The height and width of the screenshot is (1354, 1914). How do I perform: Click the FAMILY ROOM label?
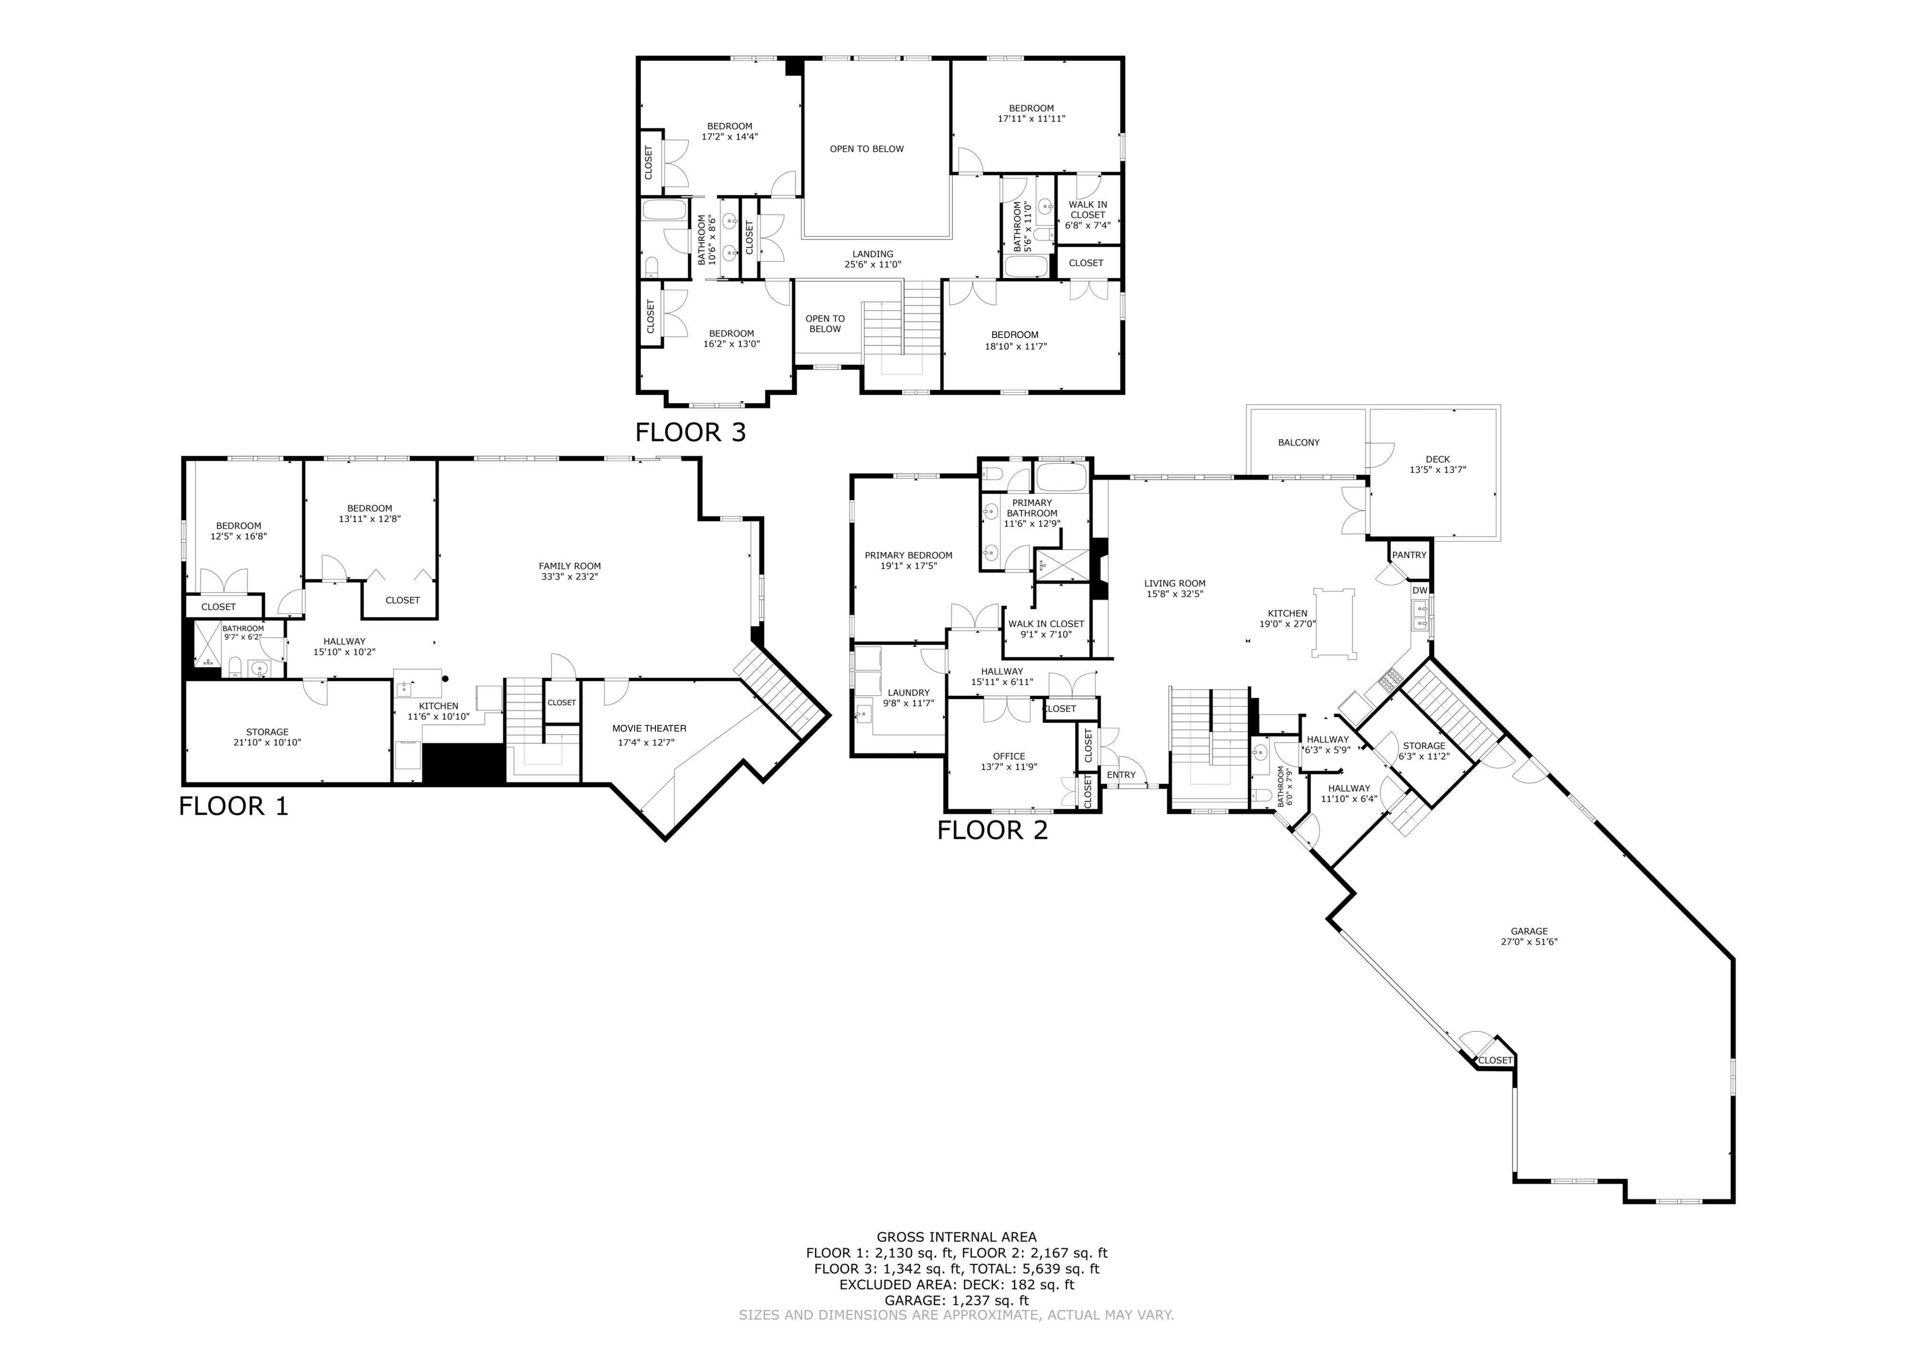pos(569,566)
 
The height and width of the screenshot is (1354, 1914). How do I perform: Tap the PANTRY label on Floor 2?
pos(1409,555)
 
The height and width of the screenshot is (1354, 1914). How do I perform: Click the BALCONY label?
pos(1298,443)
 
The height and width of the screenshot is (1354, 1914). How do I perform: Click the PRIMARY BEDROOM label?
pos(908,555)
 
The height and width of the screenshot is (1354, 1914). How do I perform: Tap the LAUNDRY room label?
pos(908,693)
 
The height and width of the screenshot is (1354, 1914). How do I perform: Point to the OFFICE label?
pos(1009,756)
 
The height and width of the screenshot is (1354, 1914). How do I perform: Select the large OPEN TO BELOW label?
pos(866,149)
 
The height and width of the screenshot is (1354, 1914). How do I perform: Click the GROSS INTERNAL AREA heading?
pos(956,1237)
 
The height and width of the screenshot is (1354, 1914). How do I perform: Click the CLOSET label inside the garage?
pos(1495,1061)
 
